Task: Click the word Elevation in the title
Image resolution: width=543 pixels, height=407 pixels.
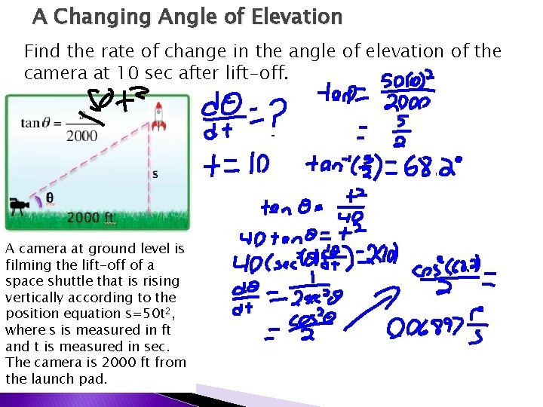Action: pos(290,16)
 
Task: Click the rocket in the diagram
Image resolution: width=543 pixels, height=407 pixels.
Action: pos(159,114)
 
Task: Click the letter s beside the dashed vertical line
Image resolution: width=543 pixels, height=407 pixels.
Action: pos(155,174)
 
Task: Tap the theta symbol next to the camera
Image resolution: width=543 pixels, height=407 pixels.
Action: pos(50,198)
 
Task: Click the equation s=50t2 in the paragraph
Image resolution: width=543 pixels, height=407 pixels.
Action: pos(146,313)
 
